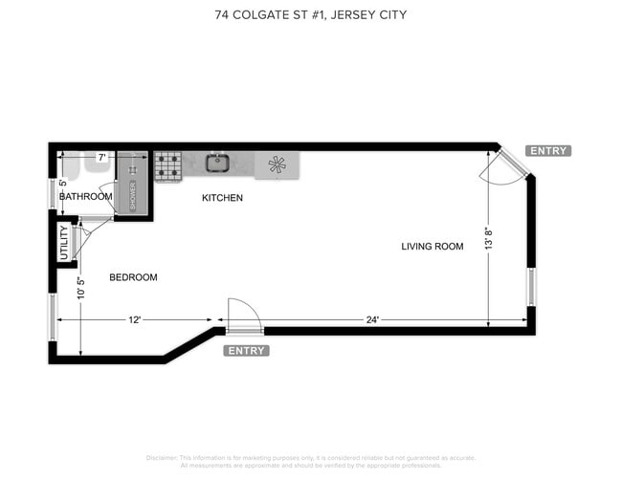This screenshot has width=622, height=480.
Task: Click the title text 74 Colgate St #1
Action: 310,15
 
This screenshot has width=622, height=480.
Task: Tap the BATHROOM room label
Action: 85,197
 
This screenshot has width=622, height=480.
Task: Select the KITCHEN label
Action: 222,198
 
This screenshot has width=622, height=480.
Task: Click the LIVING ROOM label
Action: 432,247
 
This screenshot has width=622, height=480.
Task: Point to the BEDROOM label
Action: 133,277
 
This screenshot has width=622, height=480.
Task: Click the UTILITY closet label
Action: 64,243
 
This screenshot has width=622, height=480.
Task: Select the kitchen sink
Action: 217,163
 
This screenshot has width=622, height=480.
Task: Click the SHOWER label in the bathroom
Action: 133,194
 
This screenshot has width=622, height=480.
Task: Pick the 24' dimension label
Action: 370,320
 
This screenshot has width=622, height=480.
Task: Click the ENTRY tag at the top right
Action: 548,151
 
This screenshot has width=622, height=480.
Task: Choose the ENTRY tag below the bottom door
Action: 246,351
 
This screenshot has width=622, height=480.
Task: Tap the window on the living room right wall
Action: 530,286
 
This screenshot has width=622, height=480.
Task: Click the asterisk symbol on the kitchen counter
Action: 278,164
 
